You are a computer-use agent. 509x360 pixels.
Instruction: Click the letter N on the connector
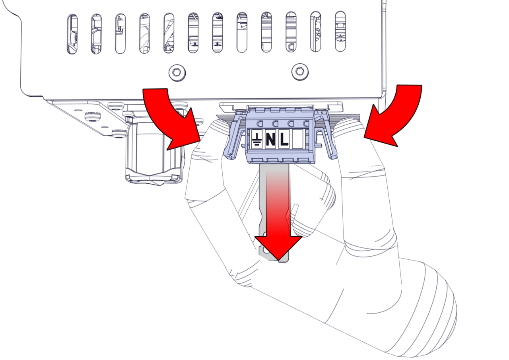tap(270, 139)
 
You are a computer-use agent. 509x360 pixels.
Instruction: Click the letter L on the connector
tap(284, 139)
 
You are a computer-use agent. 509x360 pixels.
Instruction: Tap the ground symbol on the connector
tap(257, 139)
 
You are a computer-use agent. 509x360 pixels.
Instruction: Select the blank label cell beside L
tap(297, 139)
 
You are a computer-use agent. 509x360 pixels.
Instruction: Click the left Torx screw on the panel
tap(177, 73)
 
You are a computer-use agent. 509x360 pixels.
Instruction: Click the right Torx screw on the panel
tap(300, 72)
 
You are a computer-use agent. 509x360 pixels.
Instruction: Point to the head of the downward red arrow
tap(278, 247)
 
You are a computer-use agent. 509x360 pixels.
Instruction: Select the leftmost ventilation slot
tap(72, 34)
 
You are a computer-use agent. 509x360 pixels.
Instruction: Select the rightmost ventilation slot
tap(340, 31)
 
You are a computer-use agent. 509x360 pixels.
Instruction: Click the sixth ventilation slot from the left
tap(193, 33)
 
